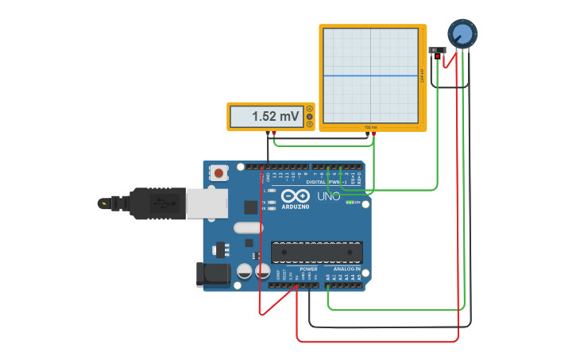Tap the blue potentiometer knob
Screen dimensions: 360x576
pos(462,34)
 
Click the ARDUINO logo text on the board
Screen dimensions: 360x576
pos(296,206)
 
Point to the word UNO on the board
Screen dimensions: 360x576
pos(329,196)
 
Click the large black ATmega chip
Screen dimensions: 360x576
pos(317,253)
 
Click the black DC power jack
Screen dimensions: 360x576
pos(213,275)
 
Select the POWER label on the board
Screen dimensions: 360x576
pos(308,269)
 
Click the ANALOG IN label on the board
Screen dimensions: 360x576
pos(346,269)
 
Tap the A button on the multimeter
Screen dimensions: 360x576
pos(309,109)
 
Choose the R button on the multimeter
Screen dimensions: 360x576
pos(309,125)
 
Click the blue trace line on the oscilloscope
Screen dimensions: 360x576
pos(370,76)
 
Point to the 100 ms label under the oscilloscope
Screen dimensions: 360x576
pos(370,127)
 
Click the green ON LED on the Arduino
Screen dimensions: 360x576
pos(350,202)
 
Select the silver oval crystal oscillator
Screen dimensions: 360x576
pos(248,228)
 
